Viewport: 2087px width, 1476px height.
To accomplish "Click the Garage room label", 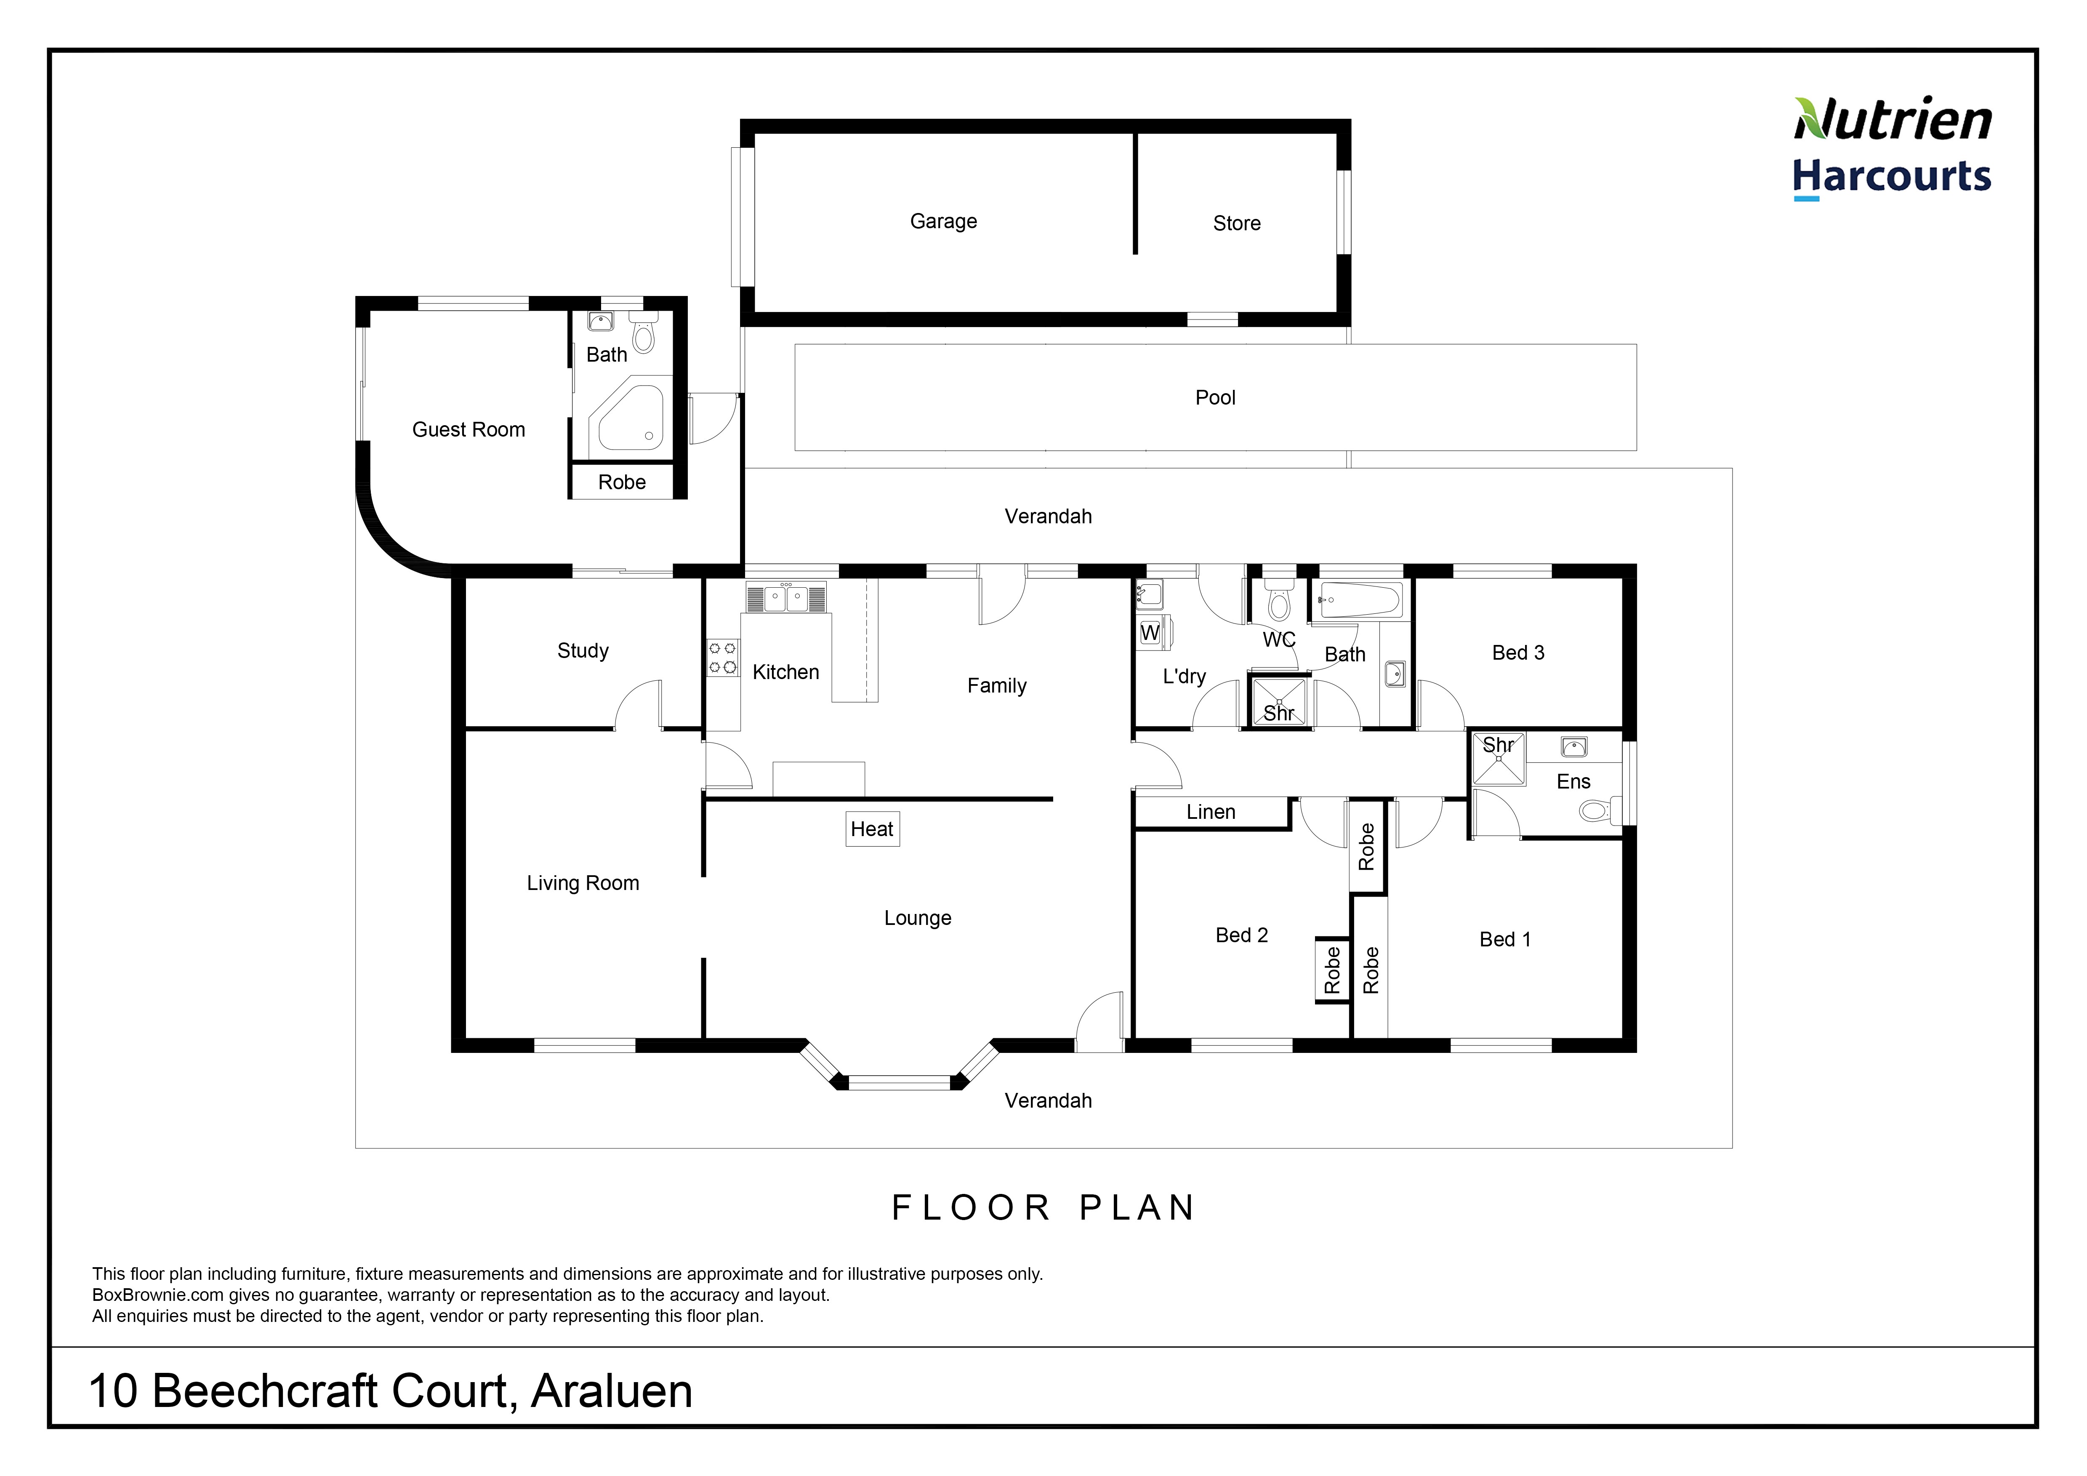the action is tap(943, 222).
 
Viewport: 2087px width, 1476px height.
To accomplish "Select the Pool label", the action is tap(1215, 397).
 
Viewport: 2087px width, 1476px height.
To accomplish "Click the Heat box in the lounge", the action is tap(873, 829).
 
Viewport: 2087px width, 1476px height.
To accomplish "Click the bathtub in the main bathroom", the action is tap(1359, 600).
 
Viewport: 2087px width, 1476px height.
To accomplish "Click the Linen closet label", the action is tap(1211, 812).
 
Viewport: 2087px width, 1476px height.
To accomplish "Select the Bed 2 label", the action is tap(1242, 935).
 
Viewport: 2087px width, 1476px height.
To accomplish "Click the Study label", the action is tap(583, 651).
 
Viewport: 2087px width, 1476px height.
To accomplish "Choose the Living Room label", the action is tap(583, 883).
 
